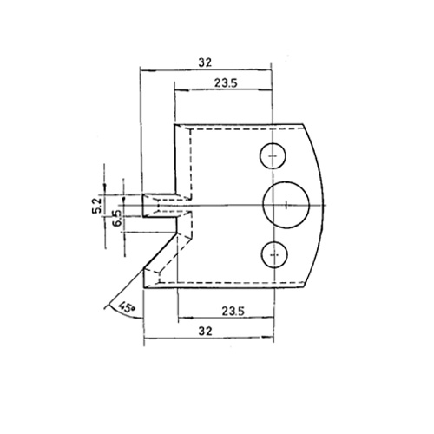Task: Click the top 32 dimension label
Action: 205,62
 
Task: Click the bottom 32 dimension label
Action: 205,331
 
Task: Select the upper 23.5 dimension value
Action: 226,83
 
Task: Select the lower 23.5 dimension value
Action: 233,312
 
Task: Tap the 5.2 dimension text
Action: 97,204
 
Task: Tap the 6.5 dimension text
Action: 116,219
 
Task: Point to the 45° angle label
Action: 126,307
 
